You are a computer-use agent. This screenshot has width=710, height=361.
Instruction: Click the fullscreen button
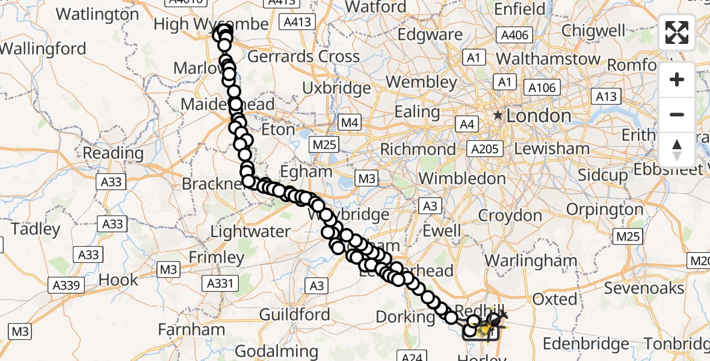tap(677, 32)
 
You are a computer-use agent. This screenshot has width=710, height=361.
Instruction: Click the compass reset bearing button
tap(677, 150)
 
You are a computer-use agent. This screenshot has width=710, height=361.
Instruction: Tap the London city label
tap(539, 116)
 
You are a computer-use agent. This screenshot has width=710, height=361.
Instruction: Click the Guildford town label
tap(295, 314)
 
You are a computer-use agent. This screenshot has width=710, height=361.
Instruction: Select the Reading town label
tap(113, 153)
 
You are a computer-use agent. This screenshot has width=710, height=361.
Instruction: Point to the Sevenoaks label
tap(644, 288)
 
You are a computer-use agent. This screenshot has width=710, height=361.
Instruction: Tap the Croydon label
tap(510, 215)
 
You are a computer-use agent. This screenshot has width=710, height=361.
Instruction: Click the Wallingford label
tap(43, 49)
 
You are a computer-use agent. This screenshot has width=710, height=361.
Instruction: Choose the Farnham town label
tap(191, 330)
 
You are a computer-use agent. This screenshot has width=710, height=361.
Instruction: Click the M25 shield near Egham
tap(324, 145)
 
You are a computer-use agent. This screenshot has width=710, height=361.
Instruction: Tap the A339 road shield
tap(66, 285)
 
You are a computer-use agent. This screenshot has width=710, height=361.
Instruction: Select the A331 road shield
tap(222, 283)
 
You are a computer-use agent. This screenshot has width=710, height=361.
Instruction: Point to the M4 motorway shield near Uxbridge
tap(350, 123)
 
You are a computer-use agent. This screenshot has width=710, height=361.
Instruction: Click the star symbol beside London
tap(498, 116)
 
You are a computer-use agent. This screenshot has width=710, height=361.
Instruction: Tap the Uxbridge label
tap(336, 88)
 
